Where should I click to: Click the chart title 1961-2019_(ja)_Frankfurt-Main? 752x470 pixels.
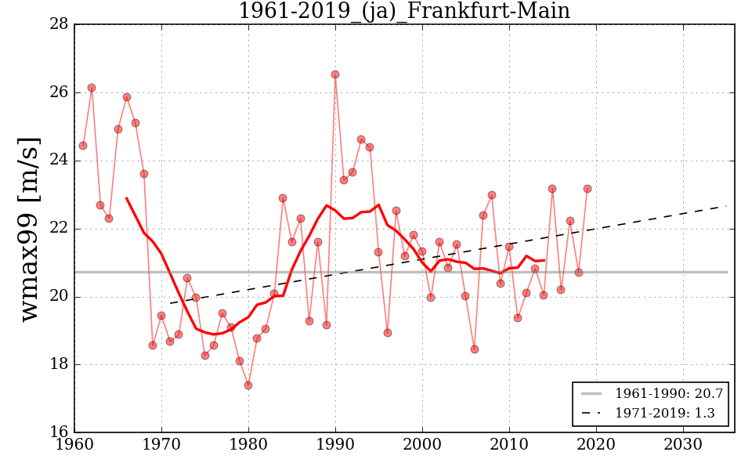[403, 11]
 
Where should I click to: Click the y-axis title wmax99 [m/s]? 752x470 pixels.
[29, 229]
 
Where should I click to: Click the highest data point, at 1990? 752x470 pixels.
[335, 74]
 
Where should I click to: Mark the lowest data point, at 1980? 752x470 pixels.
[248, 385]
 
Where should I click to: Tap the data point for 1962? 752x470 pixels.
[92, 88]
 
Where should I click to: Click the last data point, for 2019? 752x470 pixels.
[587, 189]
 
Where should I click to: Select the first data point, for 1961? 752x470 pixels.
[83, 146]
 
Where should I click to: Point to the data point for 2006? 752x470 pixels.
[475, 349]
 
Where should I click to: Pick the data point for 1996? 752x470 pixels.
[388, 333]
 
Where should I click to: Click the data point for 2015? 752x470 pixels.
[552, 189]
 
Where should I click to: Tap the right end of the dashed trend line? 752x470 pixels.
[726, 206]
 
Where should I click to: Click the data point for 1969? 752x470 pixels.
[153, 345]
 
